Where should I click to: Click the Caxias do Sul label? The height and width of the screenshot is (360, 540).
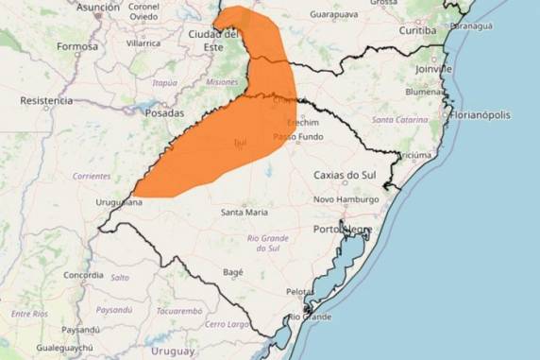click(x=347, y=175)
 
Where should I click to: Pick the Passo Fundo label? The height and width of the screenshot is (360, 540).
click(x=298, y=137)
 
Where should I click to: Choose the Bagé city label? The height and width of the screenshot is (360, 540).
click(x=232, y=271)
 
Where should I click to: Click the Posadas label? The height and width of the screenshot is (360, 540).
click(x=164, y=111)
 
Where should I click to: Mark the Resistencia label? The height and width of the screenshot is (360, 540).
click(x=46, y=100)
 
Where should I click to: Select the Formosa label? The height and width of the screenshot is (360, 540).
click(x=77, y=46)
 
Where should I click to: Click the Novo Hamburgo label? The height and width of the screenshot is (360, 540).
click(x=346, y=199)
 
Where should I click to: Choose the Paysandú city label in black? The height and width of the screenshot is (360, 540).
click(x=80, y=330)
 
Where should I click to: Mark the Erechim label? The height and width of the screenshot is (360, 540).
click(x=303, y=122)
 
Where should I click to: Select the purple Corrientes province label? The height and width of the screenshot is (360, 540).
click(x=92, y=176)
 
